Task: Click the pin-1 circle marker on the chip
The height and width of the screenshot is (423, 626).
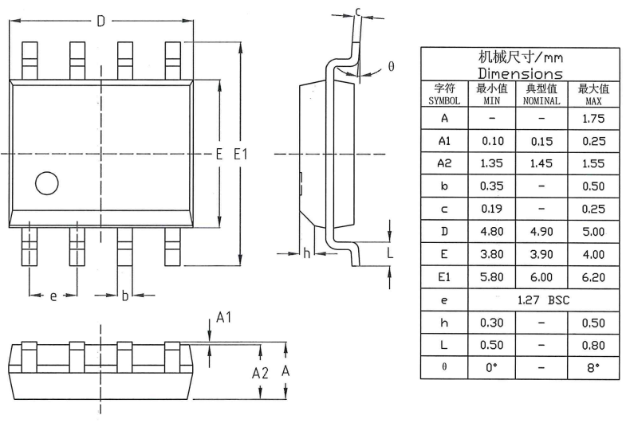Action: click(x=47, y=183)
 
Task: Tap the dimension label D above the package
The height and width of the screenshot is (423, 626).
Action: click(x=100, y=22)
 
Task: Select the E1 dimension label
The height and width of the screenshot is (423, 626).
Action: click(x=240, y=154)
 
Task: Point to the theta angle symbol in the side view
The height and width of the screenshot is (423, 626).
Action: click(x=391, y=67)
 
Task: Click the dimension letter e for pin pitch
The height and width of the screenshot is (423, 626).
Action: click(x=53, y=296)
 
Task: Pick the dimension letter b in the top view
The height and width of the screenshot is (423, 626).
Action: click(x=124, y=296)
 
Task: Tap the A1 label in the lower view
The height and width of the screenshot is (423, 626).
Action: click(x=224, y=318)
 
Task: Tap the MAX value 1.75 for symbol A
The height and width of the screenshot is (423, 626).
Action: click(x=593, y=118)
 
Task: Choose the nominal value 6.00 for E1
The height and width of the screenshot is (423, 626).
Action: click(x=541, y=277)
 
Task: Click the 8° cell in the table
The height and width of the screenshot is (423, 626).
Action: click(x=593, y=369)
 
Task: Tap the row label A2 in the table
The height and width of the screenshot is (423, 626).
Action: click(x=444, y=163)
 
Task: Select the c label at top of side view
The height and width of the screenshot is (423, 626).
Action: click(x=358, y=11)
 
